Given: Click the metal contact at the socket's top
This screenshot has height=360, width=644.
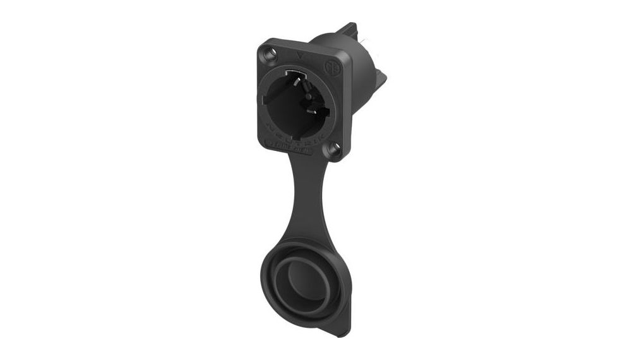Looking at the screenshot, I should (x=297, y=75).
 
